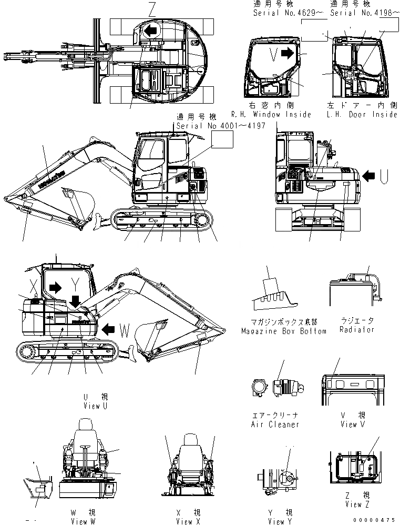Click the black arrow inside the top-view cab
point(150,31)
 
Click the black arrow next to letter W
point(109,330)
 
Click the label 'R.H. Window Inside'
point(271,114)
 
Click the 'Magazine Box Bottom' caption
point(284,331)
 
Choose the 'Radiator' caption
point(357,329)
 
